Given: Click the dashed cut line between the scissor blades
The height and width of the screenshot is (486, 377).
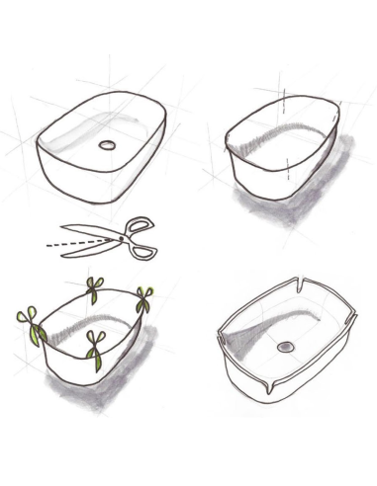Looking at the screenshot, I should point(74,240).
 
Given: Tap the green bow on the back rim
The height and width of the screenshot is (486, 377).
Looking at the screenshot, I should point(95,289).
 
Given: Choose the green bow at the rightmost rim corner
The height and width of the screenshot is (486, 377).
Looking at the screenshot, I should point(144,297).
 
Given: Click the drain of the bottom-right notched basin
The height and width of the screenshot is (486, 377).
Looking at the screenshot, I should point(287,347).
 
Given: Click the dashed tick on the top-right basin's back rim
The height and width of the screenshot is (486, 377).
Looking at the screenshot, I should point(283,98).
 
